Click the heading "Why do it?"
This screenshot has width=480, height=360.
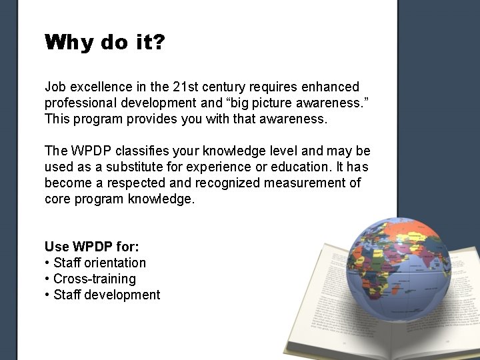105,43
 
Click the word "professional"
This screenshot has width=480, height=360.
79,103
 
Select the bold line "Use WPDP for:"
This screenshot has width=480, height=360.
92,247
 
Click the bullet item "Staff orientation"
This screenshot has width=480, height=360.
99,263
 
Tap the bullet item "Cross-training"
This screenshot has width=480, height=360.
94,279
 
